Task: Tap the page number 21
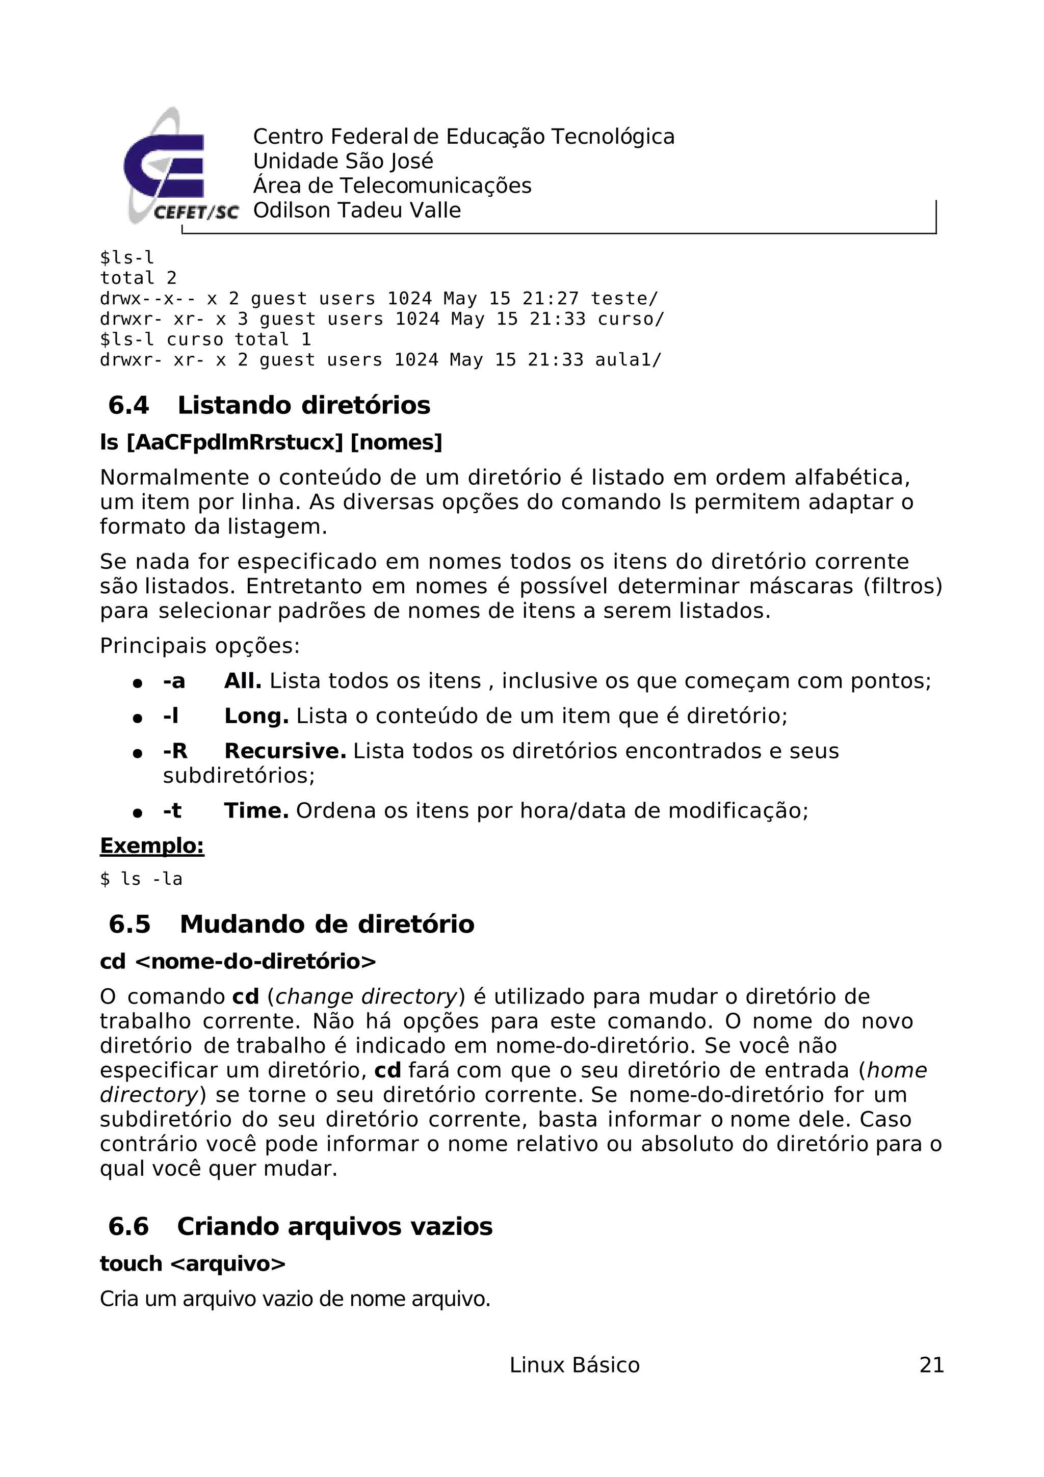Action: [x=931, y=1365]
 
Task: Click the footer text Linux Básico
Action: [x=574, y=1365]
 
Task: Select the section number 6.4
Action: [x=128, y=405]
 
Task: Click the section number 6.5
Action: [x=129, y=925]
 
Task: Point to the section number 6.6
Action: [x=128, y=1227]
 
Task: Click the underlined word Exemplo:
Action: [x=152, y=846]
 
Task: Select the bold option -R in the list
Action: [x=174, y=751]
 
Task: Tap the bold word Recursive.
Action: [x=285, y=751]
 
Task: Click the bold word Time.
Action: [x=256, y=810]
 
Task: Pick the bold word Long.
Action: [x=256, y=716]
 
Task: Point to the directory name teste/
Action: [x=624, y=299]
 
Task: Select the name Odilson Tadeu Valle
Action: [x=356, y=210]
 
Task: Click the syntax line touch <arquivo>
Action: [x=192, y=1263]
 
